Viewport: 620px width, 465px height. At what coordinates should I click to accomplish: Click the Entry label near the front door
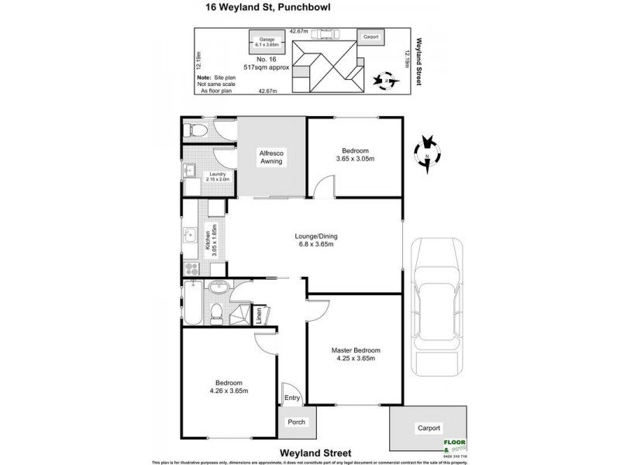coord(292,398)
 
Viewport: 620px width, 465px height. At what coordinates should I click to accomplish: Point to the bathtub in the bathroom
coord(192,303)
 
